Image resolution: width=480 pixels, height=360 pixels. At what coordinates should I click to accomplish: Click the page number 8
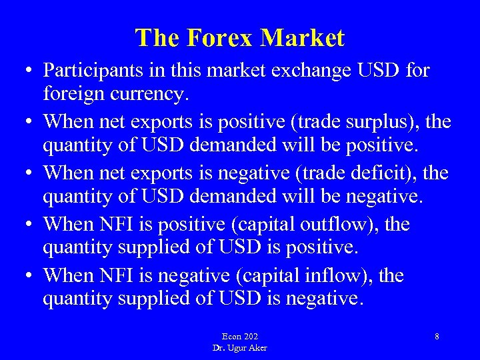point(437,336)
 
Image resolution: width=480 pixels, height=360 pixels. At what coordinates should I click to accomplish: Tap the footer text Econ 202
point(239,336)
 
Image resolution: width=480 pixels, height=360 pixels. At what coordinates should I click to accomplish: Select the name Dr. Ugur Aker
point(240,347)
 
